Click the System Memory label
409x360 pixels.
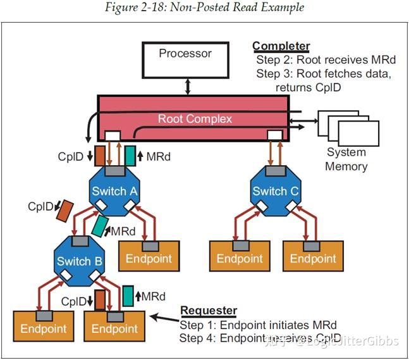(346, 159)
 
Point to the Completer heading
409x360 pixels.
(281, 46)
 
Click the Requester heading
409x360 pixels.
(209, 311)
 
